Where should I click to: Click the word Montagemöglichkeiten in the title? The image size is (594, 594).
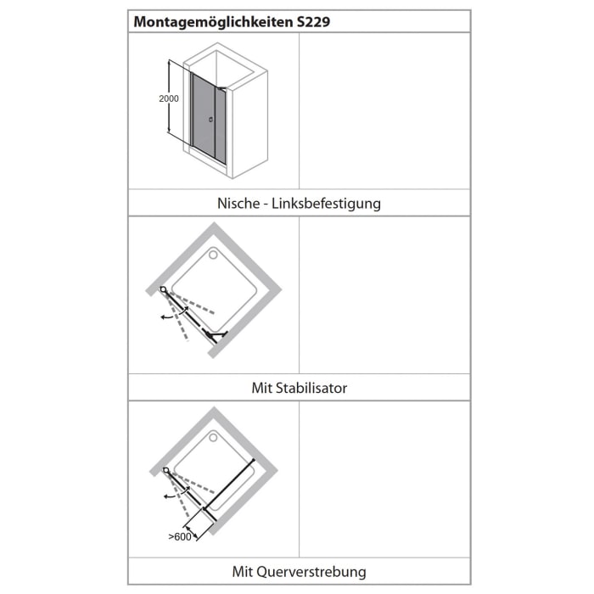212,22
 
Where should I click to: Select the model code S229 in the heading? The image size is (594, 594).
313,22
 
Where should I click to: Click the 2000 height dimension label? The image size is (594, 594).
168,98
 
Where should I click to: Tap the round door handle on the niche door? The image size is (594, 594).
210,120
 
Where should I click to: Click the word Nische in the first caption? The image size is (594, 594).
237,204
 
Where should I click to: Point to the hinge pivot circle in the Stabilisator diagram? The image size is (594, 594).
163,289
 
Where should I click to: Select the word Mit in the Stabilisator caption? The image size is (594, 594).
261,388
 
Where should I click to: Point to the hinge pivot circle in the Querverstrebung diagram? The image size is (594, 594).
167,471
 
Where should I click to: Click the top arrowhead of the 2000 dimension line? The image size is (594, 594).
170,63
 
